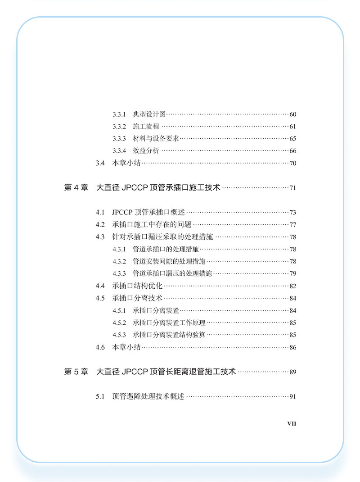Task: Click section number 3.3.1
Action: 118,114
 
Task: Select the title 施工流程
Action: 146,127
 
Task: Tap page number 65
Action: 292,139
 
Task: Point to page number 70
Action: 292,163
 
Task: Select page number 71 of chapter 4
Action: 292,188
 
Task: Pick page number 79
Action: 292,273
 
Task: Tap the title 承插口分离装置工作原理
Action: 169,323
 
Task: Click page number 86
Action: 292,347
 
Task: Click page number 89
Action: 292,372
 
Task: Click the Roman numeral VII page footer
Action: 292,423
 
